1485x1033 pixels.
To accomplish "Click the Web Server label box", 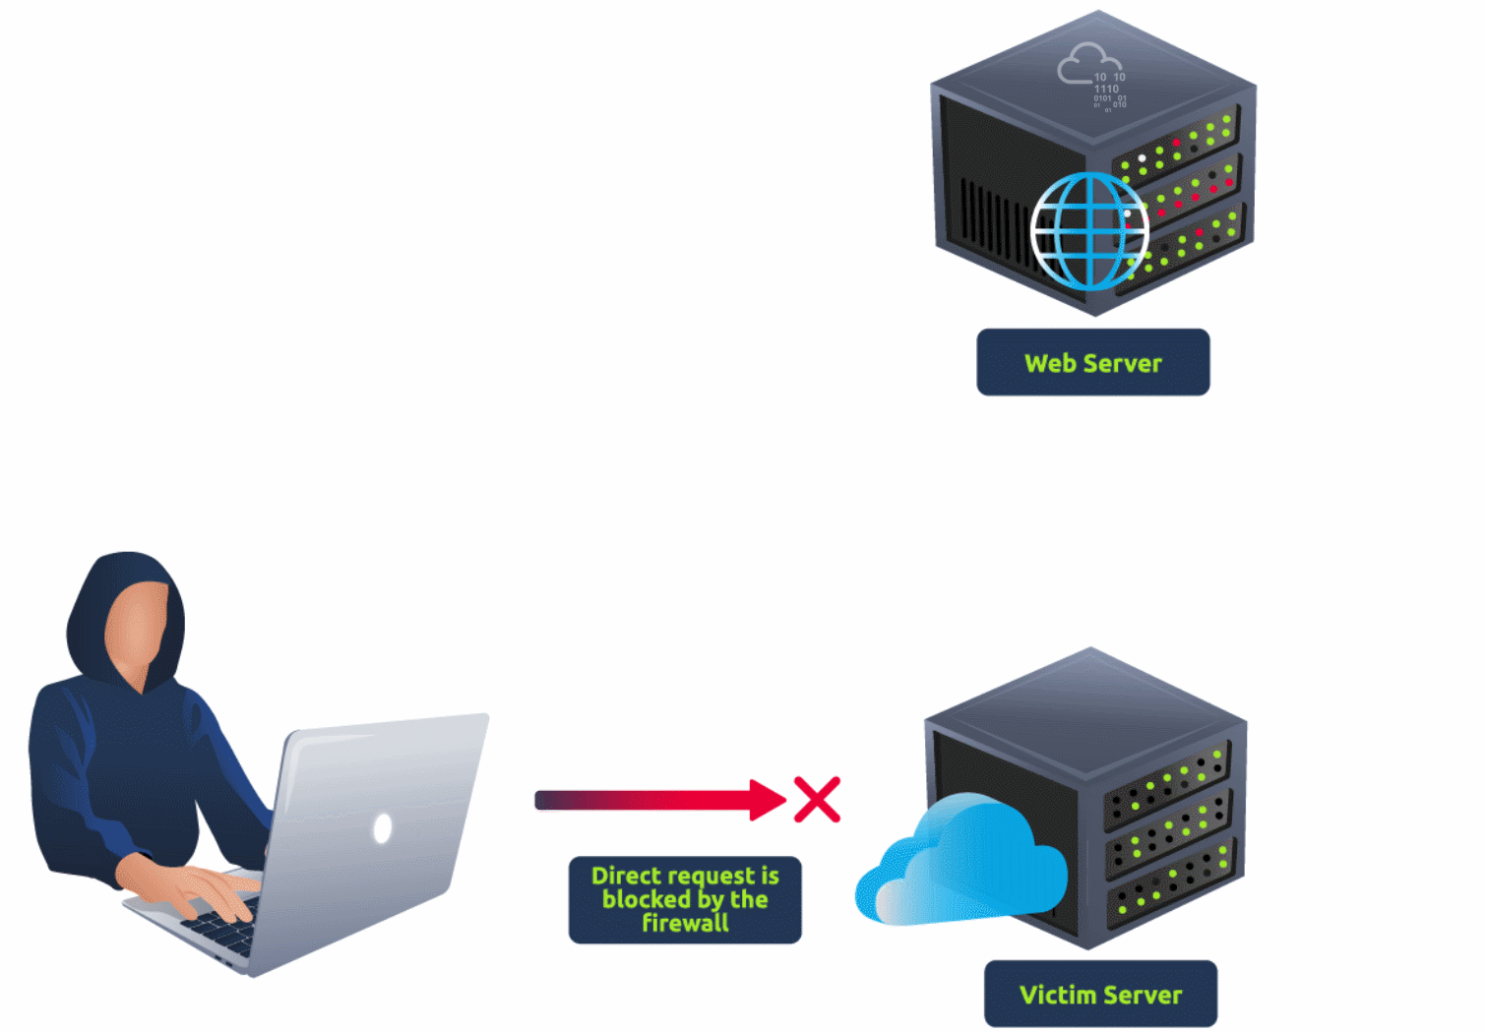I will click(x=1092, y=362).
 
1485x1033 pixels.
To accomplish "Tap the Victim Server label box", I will click(x=1100, y=994).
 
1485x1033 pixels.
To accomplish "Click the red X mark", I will click(x=818, y=799).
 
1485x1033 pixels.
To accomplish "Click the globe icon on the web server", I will click(x=1089, y=231).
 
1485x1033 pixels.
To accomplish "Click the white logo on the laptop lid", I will click(x=383, y=828).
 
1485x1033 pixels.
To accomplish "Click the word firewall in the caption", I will click(x=685, y=923).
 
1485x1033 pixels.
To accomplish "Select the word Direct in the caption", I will click(x=626, y=875).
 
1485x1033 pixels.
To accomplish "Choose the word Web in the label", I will click(x=1050, y=363).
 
